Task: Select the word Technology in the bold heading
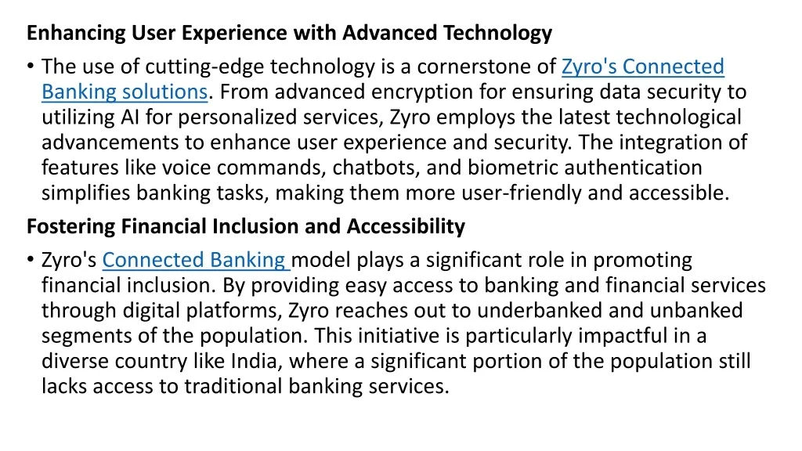pos(497,33)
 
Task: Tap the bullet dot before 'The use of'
pos(31,66)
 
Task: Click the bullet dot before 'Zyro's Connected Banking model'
pos(31,259)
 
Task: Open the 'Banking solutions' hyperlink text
pos(125,92)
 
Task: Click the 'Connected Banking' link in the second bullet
pos(195,260)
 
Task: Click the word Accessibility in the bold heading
pos(406,226)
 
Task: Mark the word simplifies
pos(86,193)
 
